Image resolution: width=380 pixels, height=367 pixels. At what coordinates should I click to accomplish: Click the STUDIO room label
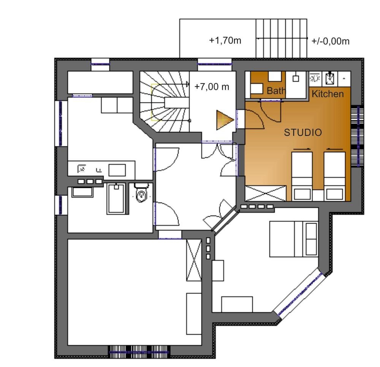tap(303, 132)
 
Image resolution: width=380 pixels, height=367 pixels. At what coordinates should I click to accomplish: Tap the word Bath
tap(276, 91)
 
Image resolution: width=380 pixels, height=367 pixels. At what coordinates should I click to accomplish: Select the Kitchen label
tap(328, 94)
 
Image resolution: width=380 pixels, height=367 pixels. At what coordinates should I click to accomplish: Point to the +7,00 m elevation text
tap(212, 87)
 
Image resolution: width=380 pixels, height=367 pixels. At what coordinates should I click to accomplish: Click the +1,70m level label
tap(225, 40)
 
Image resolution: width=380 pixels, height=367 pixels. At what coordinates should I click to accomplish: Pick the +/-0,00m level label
tap(330, 41)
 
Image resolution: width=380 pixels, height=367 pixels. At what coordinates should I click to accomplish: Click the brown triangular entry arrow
tap(225, 120)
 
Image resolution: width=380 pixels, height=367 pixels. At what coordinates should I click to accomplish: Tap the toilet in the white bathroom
tap(141, 192)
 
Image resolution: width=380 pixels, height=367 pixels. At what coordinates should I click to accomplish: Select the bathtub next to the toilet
tap(116, 199)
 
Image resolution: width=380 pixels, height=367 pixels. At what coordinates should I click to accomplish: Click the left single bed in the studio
tap(302, 176)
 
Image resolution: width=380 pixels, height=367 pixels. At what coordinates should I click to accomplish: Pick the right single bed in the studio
tap(334, 176)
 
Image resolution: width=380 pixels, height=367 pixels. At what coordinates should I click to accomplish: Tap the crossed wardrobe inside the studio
tap(266, 193)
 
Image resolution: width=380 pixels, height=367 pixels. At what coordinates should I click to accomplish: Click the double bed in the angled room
tap(294, 239)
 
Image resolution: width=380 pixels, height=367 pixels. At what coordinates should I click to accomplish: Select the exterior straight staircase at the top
tap(281, 38)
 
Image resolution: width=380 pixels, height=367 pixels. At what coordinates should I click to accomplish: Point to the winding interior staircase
tap(165, 102)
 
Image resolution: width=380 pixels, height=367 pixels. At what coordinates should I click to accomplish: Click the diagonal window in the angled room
tap(300, 293)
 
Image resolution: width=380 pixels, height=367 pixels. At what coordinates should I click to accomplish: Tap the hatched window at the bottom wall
tap(139, 352)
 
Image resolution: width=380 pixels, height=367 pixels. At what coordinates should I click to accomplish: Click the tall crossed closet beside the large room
tap(194, 260)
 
